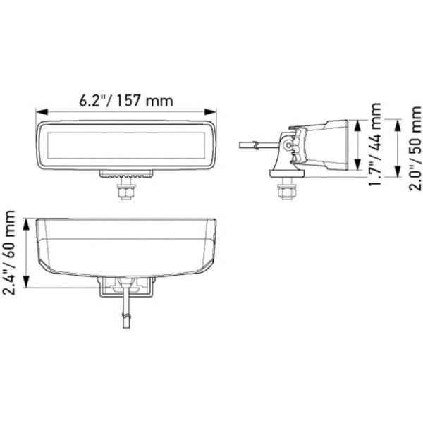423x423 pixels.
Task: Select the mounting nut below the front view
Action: (126, 190)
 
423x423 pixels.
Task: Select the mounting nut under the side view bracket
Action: (287, 191)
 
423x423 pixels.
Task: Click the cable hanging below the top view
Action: (125, 314)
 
